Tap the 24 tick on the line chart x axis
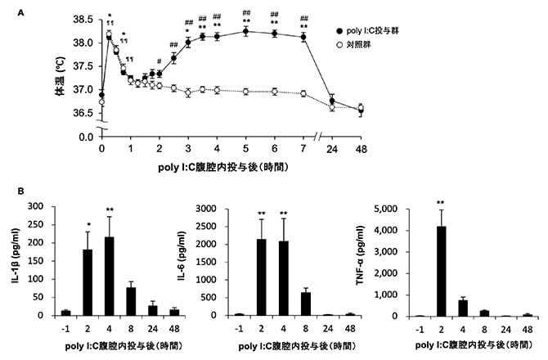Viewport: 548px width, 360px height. [331, 148]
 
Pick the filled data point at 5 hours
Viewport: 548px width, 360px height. [245, 32]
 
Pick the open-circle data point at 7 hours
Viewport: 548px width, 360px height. [303, 94]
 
